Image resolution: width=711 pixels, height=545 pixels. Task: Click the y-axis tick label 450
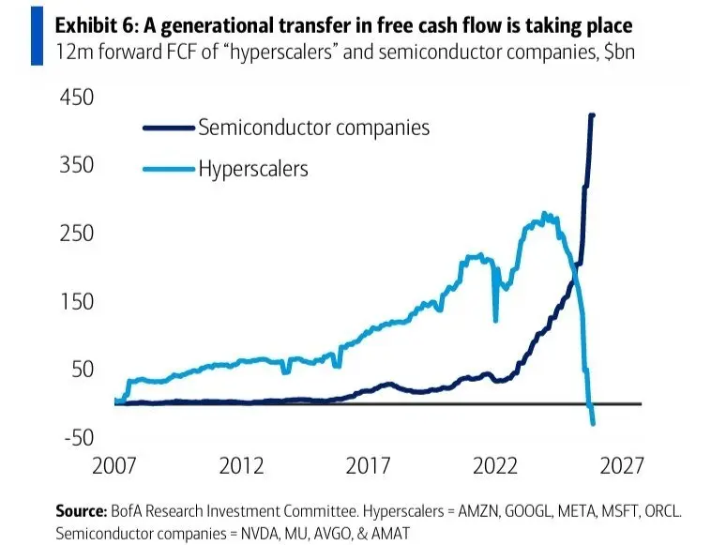tap(77, 97)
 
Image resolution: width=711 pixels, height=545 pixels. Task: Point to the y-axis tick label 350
tap(77, 164)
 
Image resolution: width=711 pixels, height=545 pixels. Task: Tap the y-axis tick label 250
tap(77, 233)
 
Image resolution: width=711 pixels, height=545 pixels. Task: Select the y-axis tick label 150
tap(77, 301)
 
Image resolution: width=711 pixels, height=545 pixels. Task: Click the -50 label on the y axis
tap(79, 437)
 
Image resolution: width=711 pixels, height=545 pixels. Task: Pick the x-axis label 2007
tap(113, 465)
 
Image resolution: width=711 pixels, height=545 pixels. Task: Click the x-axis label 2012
tap(241, 465)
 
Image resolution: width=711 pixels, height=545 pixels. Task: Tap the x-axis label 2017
tap(368, 465)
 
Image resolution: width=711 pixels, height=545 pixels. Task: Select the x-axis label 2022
tap(494, 465)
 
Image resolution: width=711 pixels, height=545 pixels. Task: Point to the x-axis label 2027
tap(622, 465)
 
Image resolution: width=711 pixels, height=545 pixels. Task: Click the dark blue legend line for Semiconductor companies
tap(169, 128)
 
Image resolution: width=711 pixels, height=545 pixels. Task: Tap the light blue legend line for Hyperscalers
tap(169, 169)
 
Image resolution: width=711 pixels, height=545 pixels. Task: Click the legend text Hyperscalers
tap(253, 169)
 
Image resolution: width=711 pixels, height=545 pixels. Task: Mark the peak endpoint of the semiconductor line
tap(592, 115)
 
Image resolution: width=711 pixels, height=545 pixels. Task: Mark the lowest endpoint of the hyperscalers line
tap(593, 424)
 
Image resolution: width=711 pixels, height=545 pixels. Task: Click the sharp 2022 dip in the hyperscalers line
tap(495, 321)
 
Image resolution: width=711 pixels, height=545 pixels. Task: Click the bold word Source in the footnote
tap(81, 511)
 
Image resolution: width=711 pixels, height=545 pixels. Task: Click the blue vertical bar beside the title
tap(38, 36)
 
